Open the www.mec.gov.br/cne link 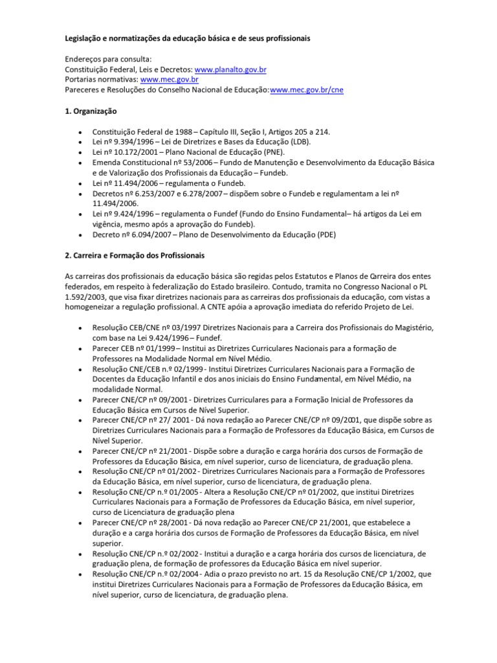307,90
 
